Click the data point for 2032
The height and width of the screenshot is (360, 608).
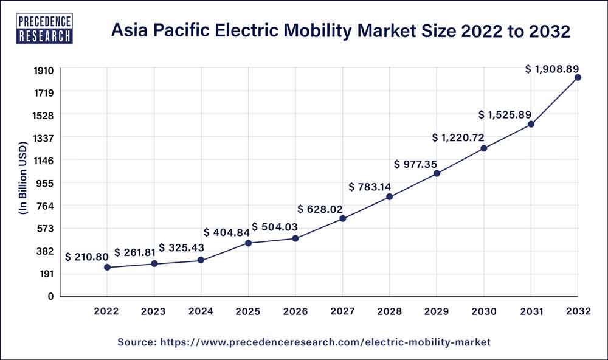coord(578,77)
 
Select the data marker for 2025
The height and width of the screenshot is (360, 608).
coord(249,243)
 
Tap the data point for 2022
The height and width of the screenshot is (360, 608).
coord(107,267)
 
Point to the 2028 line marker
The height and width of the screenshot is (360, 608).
coord(390,196)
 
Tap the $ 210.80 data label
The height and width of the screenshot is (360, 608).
coord(88,257)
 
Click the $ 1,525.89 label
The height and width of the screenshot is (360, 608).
coord(506,114)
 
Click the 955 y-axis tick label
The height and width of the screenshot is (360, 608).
coord(46,183)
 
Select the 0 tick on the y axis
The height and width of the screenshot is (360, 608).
coord(52,296)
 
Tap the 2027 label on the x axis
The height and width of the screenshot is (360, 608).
coord(342,312)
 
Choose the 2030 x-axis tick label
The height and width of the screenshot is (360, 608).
coord(484,312)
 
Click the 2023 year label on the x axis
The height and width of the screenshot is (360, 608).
coord(154,312)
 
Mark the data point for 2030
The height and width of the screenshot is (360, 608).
coord(484,148)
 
